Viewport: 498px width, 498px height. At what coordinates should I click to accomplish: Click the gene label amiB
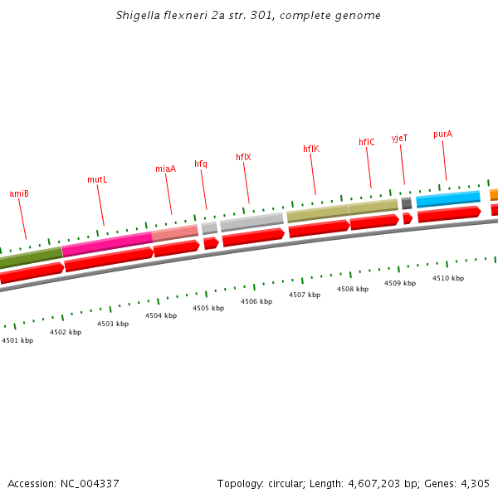coord(19,193)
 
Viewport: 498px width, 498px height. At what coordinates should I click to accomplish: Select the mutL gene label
coord(97,179)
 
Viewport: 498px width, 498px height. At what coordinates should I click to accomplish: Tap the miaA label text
coord(165,168)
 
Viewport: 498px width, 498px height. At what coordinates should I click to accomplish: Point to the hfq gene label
coord(201,164)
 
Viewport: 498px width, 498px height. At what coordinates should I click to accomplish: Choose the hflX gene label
coord(243,157)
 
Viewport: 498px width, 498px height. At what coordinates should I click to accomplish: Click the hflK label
coord(311,149)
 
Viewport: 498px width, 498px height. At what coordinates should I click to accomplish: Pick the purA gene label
coord(442,134)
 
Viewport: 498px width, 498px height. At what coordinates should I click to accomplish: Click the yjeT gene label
coord(400,138)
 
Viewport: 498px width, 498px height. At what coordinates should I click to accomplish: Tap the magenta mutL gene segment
coord(107,243)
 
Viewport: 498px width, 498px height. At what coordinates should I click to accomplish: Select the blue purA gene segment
coord(448,198)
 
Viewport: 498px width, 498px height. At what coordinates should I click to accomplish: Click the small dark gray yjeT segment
coord(406,203)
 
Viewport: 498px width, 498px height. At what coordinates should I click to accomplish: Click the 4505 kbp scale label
coord(208,308)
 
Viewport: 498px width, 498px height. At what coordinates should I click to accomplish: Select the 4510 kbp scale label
coord(448,278)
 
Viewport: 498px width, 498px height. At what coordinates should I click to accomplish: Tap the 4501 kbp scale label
coord(17,340)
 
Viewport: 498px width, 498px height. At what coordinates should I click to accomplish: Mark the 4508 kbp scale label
coord(353,289)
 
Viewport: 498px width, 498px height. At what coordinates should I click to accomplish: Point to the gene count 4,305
coord(474,483)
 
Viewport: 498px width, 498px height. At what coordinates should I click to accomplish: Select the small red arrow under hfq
coord(211,243)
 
